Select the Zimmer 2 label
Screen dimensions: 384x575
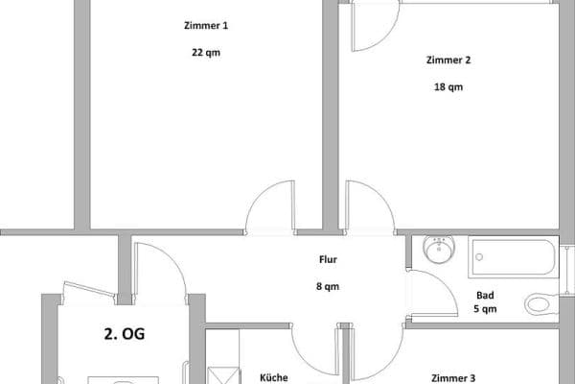[x=448, y=60]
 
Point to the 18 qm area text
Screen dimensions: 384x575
[x=448, y=87]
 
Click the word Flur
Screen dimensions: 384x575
[x=328, y=259]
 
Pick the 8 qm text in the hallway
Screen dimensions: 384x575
[x=328, y=286]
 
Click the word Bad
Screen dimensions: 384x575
[x=485, y=296]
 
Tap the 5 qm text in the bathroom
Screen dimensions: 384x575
[x=485, y=309]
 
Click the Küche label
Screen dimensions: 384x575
[x=274, y=377]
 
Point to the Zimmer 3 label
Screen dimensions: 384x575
[x=466, y=378]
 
